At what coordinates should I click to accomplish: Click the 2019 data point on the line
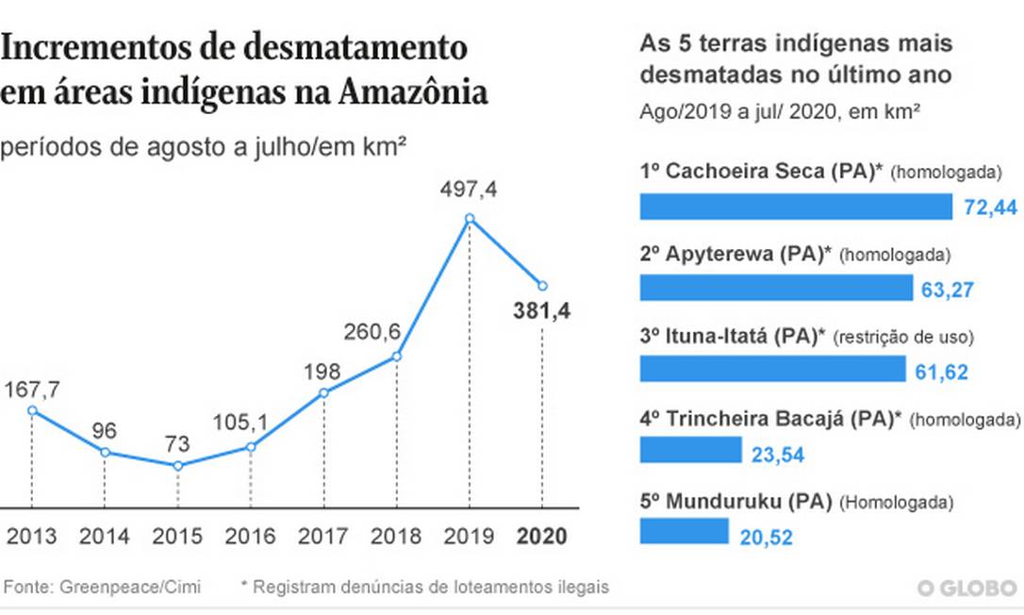(470, 219)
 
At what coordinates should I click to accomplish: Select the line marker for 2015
(177, 466)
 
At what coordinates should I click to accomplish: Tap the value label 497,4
(469, 191)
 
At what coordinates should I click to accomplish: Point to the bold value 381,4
(541, 310)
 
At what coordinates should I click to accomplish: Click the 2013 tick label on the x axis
(30, 537)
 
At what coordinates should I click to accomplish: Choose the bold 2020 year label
(541, 537)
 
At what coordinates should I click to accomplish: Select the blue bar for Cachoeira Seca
(796, 207)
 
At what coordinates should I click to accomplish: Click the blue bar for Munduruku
(684, 531)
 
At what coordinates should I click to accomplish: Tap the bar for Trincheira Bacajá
(690, 450)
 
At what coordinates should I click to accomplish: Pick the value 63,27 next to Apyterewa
(946, 289)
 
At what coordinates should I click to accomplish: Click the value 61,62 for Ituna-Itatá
(941, 371)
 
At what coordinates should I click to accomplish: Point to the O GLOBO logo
(968, 589)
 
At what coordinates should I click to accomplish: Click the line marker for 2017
(323, 393)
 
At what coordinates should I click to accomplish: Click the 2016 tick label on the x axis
(250, 537)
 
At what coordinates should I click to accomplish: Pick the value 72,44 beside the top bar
(990, 208)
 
